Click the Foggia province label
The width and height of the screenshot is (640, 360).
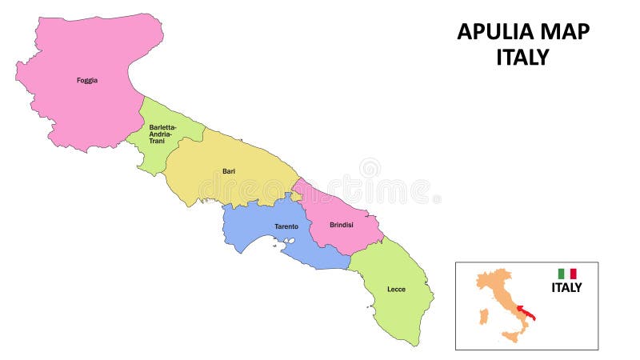87,80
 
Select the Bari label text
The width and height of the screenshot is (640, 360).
228,170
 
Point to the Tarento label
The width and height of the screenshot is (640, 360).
286,226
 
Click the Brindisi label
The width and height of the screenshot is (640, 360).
342,225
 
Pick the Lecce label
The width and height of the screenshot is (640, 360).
396,289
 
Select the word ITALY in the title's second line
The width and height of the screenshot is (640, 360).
523,58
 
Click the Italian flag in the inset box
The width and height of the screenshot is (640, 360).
567,274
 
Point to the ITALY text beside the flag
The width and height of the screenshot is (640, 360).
566,288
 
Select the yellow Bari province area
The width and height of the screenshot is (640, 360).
232,188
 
